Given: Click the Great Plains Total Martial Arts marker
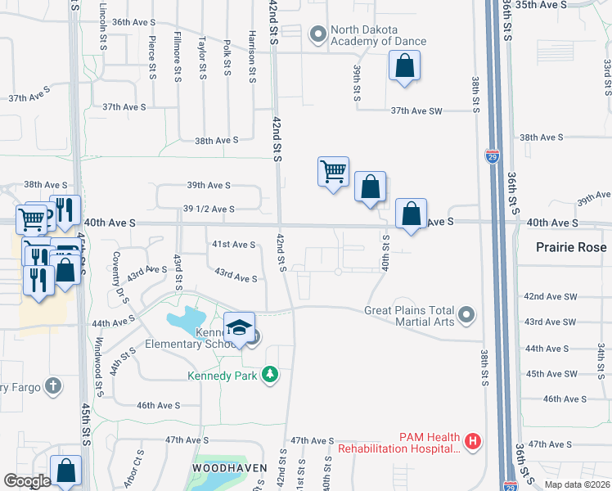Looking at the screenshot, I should pyautogui.click(x=466, y=314).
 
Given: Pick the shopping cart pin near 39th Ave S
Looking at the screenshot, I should pyautogui.click(x=333, y=173).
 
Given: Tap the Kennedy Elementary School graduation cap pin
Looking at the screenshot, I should pyautogui.click(x=239, y=328).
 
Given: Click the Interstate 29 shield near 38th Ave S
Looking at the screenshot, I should pyautogui.click(x=492, y=156).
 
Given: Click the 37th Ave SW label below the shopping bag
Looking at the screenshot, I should pyautogui.click(x=416, y=110).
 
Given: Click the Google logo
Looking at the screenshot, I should pyautogui.click(x=28, y=480).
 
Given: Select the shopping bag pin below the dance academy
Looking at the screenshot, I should pyautogui.click(x=404, y=67).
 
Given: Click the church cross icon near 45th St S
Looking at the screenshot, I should pyautogui.click(x=53, y=385).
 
